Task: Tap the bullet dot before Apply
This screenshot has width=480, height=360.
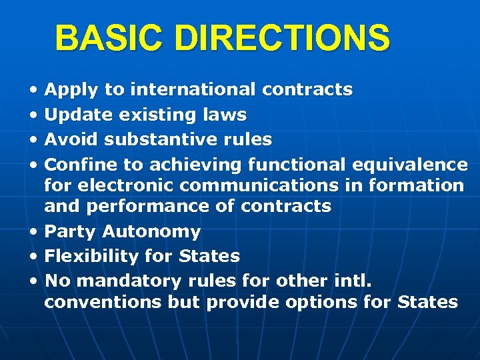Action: tap(33, 90)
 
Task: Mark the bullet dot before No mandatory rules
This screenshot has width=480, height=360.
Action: tap(33, 281)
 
